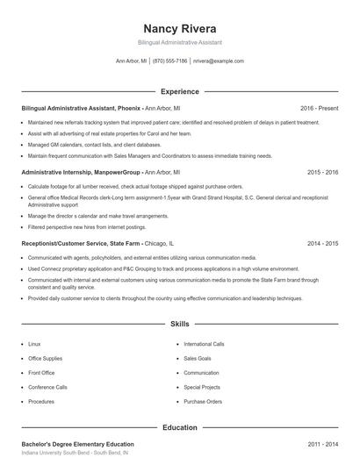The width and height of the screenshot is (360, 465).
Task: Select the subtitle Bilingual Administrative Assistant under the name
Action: click(x=179, y=42)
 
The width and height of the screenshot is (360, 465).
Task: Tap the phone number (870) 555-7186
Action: click(x=170, y=61)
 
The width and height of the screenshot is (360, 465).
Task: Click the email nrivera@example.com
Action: click(x=219, y=61)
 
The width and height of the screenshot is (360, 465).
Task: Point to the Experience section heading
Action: click(x=179, y=91)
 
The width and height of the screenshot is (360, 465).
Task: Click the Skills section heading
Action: click(x=179, y=324)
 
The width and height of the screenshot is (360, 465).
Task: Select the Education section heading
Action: click(x=179, y=427)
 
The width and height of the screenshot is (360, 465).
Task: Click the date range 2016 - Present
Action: click(x=319, y=108)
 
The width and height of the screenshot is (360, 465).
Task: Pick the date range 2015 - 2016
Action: click(x=322, y=173)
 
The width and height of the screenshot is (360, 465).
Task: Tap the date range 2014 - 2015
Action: click(x=322, y=242)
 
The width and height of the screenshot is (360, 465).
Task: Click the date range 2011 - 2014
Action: click(x=322, y=444)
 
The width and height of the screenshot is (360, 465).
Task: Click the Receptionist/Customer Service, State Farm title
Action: click(x=82, y=242)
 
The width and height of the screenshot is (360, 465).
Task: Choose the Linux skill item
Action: click(x=34, y=344)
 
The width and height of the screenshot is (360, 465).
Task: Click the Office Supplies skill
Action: click(x=45, y=358)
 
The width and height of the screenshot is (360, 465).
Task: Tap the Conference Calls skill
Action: click(x=47, y=386)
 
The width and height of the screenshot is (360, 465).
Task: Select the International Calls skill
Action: click(x=204, y=344)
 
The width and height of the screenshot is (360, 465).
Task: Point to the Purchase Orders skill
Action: click(x=201, y=400)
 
